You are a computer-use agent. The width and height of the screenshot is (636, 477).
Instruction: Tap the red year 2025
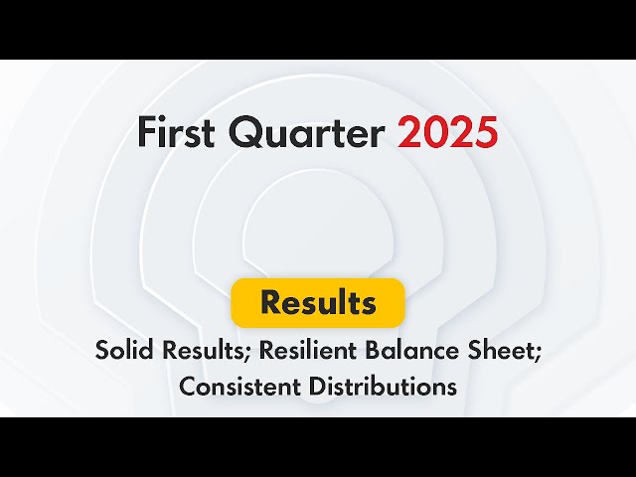pos(448,133)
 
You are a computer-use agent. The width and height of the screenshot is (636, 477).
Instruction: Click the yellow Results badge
pos(318,303)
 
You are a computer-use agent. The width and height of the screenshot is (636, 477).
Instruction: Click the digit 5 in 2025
pos(485,133)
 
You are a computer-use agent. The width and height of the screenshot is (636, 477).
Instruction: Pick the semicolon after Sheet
pos(537,354)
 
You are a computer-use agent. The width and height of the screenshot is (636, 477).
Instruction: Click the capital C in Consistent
pos(187,387)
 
